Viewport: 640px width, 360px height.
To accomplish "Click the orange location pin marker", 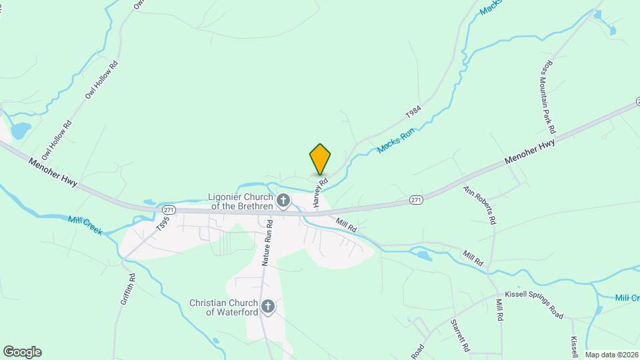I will pyautogui.click(x=320, y=159).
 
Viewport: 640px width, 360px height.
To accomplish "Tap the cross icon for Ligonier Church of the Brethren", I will pyautogui.click(x=283, y=200).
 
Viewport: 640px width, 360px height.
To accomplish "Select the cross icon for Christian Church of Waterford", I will pyautogui.click(x=267, y=307).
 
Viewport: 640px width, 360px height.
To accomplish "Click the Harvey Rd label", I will pyautogui.click(x=319, y=191).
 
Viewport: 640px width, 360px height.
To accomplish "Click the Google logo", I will pyautogui.click(x=22, y=352).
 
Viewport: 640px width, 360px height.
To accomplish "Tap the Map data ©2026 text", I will pyautogui.click(x=611, y=355).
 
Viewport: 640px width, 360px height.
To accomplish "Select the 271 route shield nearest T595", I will pyautogui.click(x=168, y=209).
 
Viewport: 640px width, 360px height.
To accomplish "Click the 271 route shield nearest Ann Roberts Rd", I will pyautogui.click(x=416, y=199).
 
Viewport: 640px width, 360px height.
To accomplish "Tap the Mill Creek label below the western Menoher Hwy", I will pyautogui.click(x=85, y=225).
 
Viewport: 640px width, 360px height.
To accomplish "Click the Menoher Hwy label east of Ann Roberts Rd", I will pyautogui.click(x=530, y=151).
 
